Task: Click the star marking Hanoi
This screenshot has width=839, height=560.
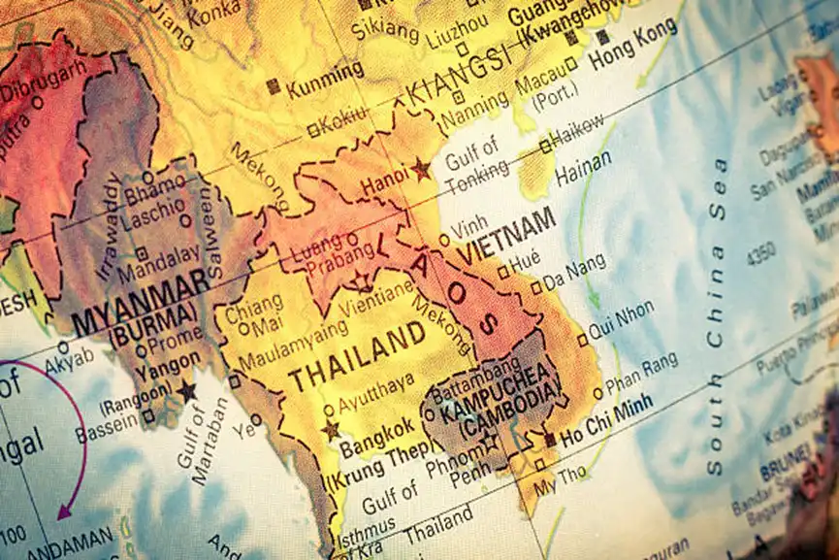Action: pos(420,169)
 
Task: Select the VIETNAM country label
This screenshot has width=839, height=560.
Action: pos(507,236)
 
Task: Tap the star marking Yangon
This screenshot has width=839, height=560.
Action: pos(186,391)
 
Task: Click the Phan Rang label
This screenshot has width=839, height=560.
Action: pos(641,372)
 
